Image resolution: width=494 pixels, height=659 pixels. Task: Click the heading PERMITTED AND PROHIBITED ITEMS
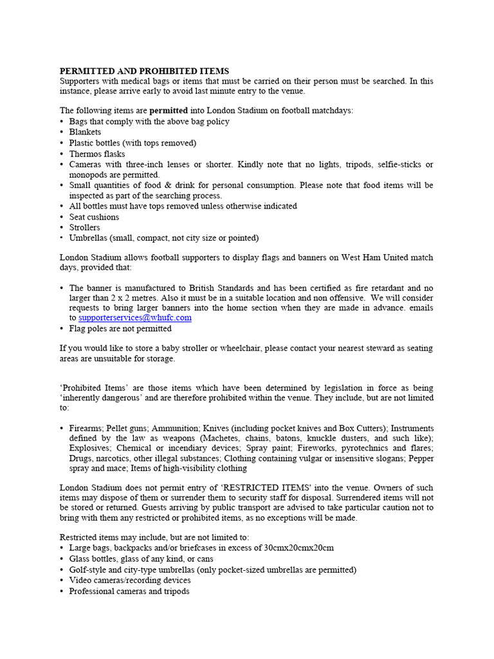point(144,71)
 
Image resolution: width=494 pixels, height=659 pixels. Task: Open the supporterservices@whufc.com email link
point(135,318)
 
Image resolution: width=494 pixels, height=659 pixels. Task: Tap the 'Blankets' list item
point(85,132)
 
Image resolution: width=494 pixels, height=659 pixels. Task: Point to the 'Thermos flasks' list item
point(97,154)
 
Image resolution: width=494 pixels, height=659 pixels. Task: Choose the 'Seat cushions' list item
point(94,217)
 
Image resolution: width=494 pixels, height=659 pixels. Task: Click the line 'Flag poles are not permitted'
point(120,328)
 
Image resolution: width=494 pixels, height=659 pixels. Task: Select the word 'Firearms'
point(86,428)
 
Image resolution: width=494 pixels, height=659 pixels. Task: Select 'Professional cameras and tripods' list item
point(129,591)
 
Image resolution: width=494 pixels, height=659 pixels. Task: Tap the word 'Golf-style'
point(89,570)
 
